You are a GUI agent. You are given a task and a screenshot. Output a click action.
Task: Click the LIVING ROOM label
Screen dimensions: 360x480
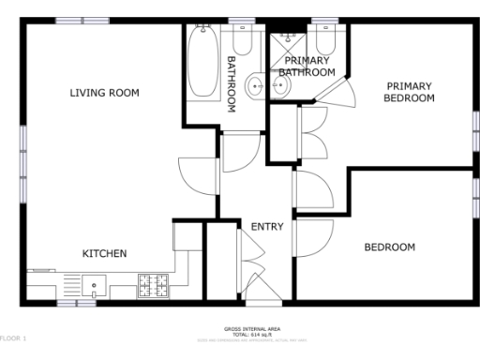(104, 92)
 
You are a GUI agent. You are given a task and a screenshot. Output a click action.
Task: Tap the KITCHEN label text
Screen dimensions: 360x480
(104, 253)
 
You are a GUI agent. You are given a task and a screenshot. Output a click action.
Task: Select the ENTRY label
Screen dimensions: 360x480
(266, 227)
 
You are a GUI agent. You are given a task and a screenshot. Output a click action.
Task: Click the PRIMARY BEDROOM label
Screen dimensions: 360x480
(411, 92)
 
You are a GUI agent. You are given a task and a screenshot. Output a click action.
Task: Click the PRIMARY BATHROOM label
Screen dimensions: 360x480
(307, 67)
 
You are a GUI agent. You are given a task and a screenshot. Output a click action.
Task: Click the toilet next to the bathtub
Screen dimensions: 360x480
(241, 43)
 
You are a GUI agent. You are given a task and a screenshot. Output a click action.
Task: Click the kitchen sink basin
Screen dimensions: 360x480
(93, 284)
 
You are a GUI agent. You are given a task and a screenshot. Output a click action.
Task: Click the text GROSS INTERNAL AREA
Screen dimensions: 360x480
(252, 328)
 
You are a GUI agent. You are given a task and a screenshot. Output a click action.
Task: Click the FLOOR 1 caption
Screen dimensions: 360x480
(14, 337)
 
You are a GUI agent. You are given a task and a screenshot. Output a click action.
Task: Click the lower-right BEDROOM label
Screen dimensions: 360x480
(389, 247)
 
